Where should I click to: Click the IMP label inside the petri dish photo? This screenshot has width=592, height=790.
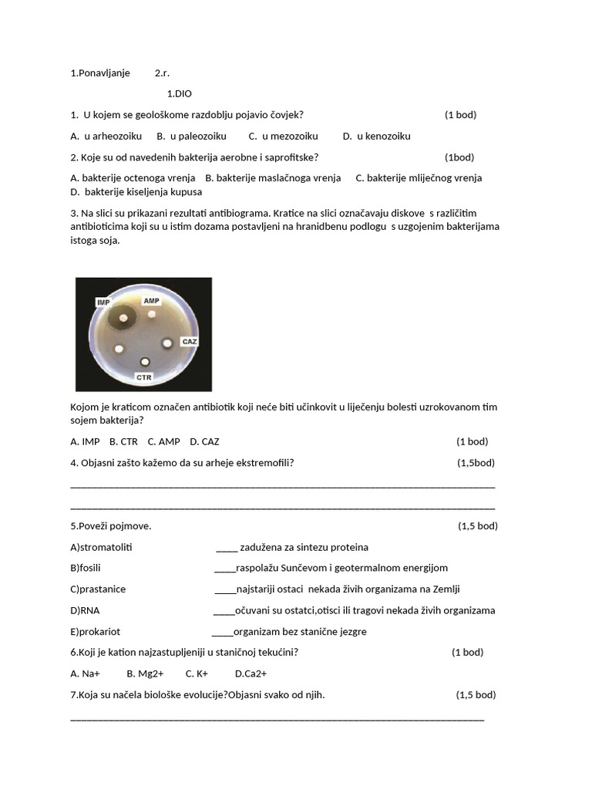point(103,302)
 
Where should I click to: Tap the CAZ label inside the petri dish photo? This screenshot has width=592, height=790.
point(189,340)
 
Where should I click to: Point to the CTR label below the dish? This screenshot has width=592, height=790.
point(144,377)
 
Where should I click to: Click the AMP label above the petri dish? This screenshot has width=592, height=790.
point(152,299)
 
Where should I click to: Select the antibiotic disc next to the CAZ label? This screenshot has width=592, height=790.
point(166,343)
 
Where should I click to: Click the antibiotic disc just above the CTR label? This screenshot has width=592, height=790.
point(144,362)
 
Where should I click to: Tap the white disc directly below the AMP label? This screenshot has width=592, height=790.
point(153,315)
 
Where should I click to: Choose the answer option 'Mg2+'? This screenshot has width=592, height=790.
point(145,674)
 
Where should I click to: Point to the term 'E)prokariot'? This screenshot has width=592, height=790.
point(95,632)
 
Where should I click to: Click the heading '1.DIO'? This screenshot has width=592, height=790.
point(179,94)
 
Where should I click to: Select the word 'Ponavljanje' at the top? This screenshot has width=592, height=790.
point(104,73)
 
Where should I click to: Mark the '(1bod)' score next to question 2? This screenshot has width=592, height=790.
point(459,157)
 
